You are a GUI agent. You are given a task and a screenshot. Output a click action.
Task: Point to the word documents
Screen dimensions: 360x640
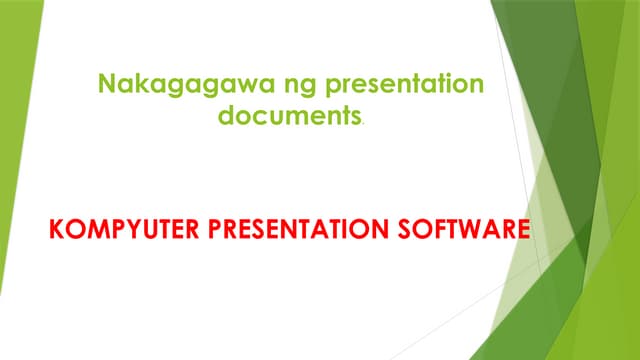289,116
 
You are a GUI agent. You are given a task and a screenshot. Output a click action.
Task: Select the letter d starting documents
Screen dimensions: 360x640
226,116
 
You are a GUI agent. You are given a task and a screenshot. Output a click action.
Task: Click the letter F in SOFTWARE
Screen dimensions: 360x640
441,233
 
